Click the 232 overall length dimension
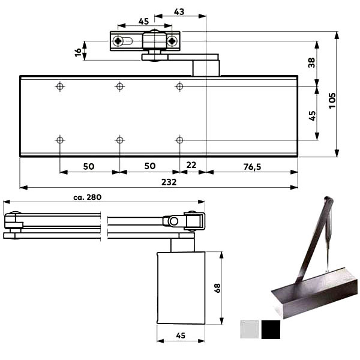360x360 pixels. [x=169, y=182]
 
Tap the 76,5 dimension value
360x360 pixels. [x=253, y=166]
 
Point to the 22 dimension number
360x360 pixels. [x=191, y=166]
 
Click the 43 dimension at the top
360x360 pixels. [x=179, y=12]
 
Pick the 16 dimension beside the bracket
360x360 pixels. [x=78, y=52]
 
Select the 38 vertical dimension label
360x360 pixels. [x=311, y=62]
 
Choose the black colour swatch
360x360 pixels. [x=271, y=329]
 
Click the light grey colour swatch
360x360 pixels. [x=248, y=329]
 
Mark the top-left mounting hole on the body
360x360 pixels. [x=59, y=86]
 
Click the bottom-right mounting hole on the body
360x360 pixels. [x=179, y=140]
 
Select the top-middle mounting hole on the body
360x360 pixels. [x=120, y=86]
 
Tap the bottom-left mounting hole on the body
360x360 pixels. [x=59, y=140]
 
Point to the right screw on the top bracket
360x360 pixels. [x=172, y=41]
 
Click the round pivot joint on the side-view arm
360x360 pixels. [x=173, y=221]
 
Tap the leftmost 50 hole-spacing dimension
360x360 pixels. [x=89, y=166]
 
